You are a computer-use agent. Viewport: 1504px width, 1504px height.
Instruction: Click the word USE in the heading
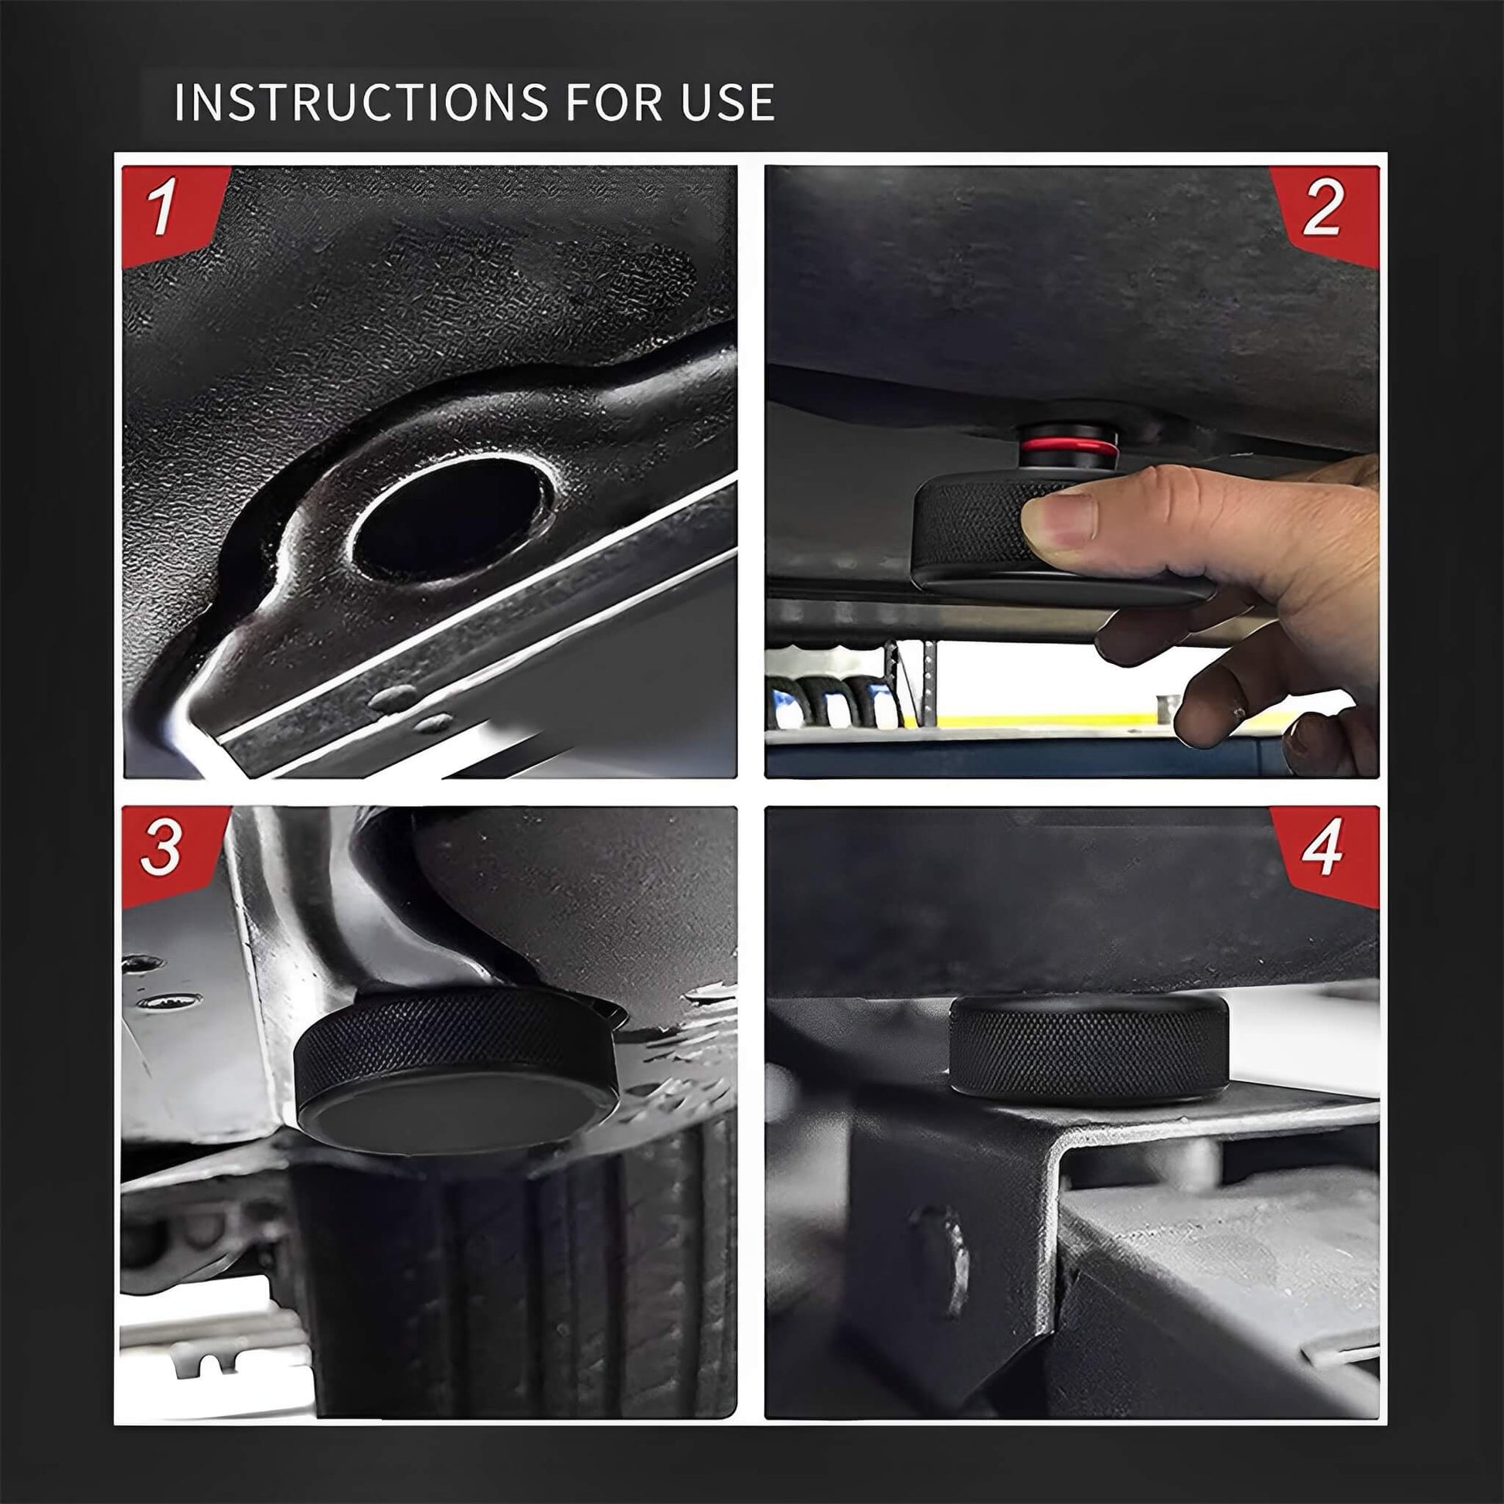point(728,102)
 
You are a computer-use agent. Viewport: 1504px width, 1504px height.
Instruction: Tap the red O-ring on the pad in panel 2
point(1070,447)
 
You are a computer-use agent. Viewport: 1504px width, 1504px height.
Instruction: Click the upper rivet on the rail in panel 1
point(391,699)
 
